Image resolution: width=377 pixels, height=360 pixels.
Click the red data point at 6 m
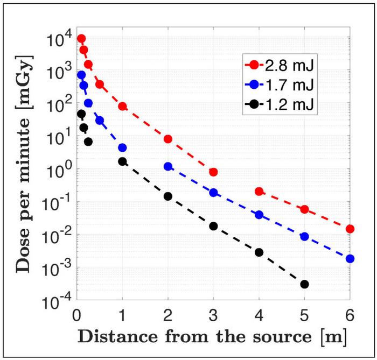(x=350, y=229)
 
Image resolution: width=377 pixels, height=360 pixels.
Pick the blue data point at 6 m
(x=350, y=259)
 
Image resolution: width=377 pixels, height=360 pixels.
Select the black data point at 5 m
(x=304, y=284)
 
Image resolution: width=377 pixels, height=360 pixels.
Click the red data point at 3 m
(x=213, y=172)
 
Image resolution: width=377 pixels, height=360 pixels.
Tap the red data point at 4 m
(x=259, y=192)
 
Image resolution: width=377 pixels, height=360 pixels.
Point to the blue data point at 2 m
(x=168, y=167)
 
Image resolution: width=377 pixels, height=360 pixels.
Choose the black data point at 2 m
(x=168, y=196)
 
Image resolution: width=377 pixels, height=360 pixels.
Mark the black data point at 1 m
(x=122, y=161)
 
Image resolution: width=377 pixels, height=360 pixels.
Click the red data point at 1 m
(x=122, y=107)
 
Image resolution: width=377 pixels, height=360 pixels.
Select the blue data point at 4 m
(x=259, y=215)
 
